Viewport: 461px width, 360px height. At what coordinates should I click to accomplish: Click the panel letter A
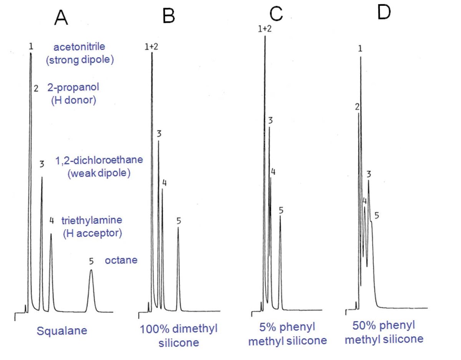pyautogui.click(x=61, y=17)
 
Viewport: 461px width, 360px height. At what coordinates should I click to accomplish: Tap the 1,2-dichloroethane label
pyautogui.click(x=99, y=160)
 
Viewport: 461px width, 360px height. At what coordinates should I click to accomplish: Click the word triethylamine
pyautogui.click(x=92, y=221)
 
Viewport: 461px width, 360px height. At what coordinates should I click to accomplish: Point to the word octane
pyautogui.click(x=121, y=261)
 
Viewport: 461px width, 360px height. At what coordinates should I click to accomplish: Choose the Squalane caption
pyautogui.click(x=62, y=330)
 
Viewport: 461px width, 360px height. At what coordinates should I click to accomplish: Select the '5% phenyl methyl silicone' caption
pyautogui.click(x=287, y=334)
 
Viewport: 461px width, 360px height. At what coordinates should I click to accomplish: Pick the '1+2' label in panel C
pyautogui.click(x=265, y=28)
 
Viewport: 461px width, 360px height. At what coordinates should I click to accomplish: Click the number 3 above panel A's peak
pyautogui.click(x=42, y=164)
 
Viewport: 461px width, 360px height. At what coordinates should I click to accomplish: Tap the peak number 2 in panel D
pyautogui.click(x=357, y=107)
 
